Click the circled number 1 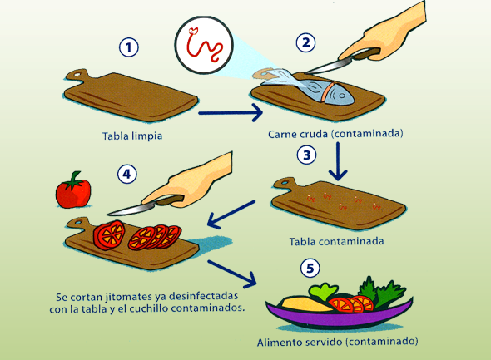point(129,47)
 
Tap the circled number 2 point(305,42)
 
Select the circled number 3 point(306,155)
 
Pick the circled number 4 point(127,174)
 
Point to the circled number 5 point(310,268)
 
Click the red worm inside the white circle point(204,45)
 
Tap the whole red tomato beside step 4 point(73,190)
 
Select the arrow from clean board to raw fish point(231,113)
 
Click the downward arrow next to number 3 point(338,161)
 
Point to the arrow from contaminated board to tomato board point(231,215)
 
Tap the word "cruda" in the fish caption point(314,134)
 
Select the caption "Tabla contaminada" point(336,242)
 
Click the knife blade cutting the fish point(325,67)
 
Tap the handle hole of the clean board point(77,75)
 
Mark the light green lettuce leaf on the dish point(323,292)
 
